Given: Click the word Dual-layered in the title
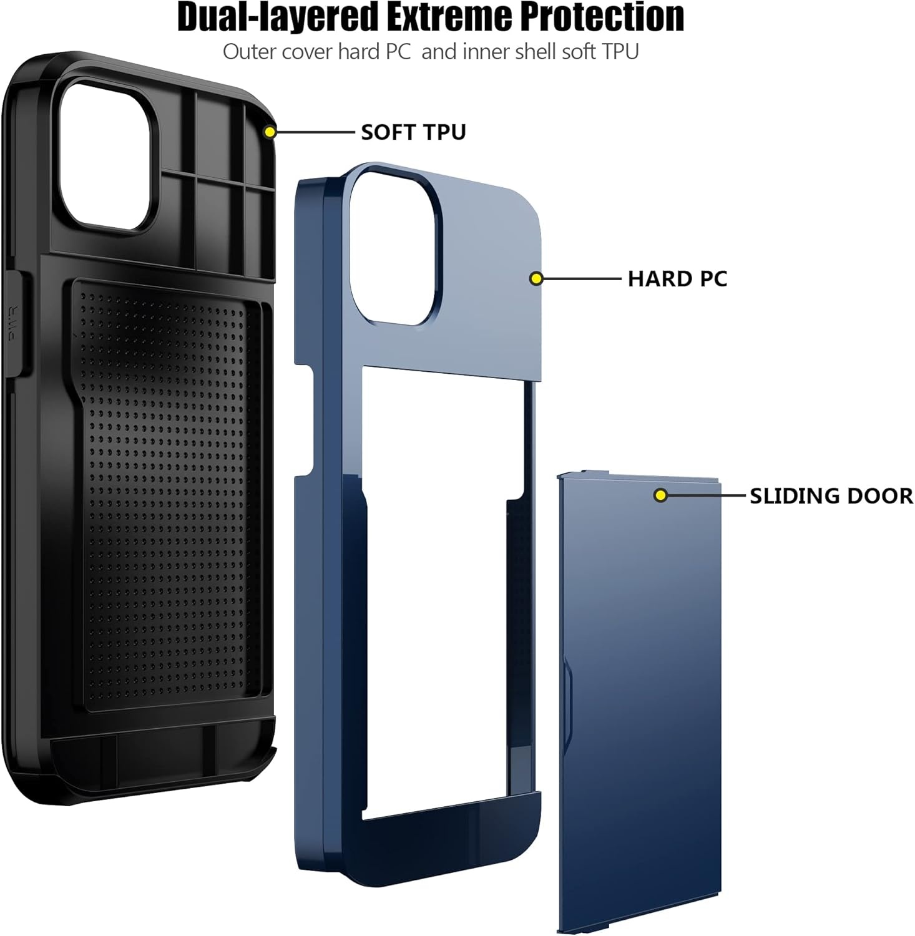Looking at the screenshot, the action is pyautogui.click(x=277, y=17).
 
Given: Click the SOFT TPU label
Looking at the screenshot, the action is pyautogui.click(x=413, y=132).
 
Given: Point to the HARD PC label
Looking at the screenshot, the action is pyautogui.click(x=677, y=279).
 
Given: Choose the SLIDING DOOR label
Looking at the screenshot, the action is pyautogui.click(x=831, y=496).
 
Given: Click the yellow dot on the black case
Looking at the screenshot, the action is pyautogui.click(x=270, y=132).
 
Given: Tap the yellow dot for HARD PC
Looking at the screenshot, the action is pyautogui.click(x=536, y=279).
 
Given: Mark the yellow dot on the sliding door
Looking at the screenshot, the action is pyautogui.click(x=660, y=496).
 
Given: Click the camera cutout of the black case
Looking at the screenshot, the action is pyautogui.click(x=106, y=156).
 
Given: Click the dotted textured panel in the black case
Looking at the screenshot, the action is pyautogui.click(x=169, y=493).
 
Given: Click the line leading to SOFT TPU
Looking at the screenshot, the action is pyautogui.click(x=315, y=132).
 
